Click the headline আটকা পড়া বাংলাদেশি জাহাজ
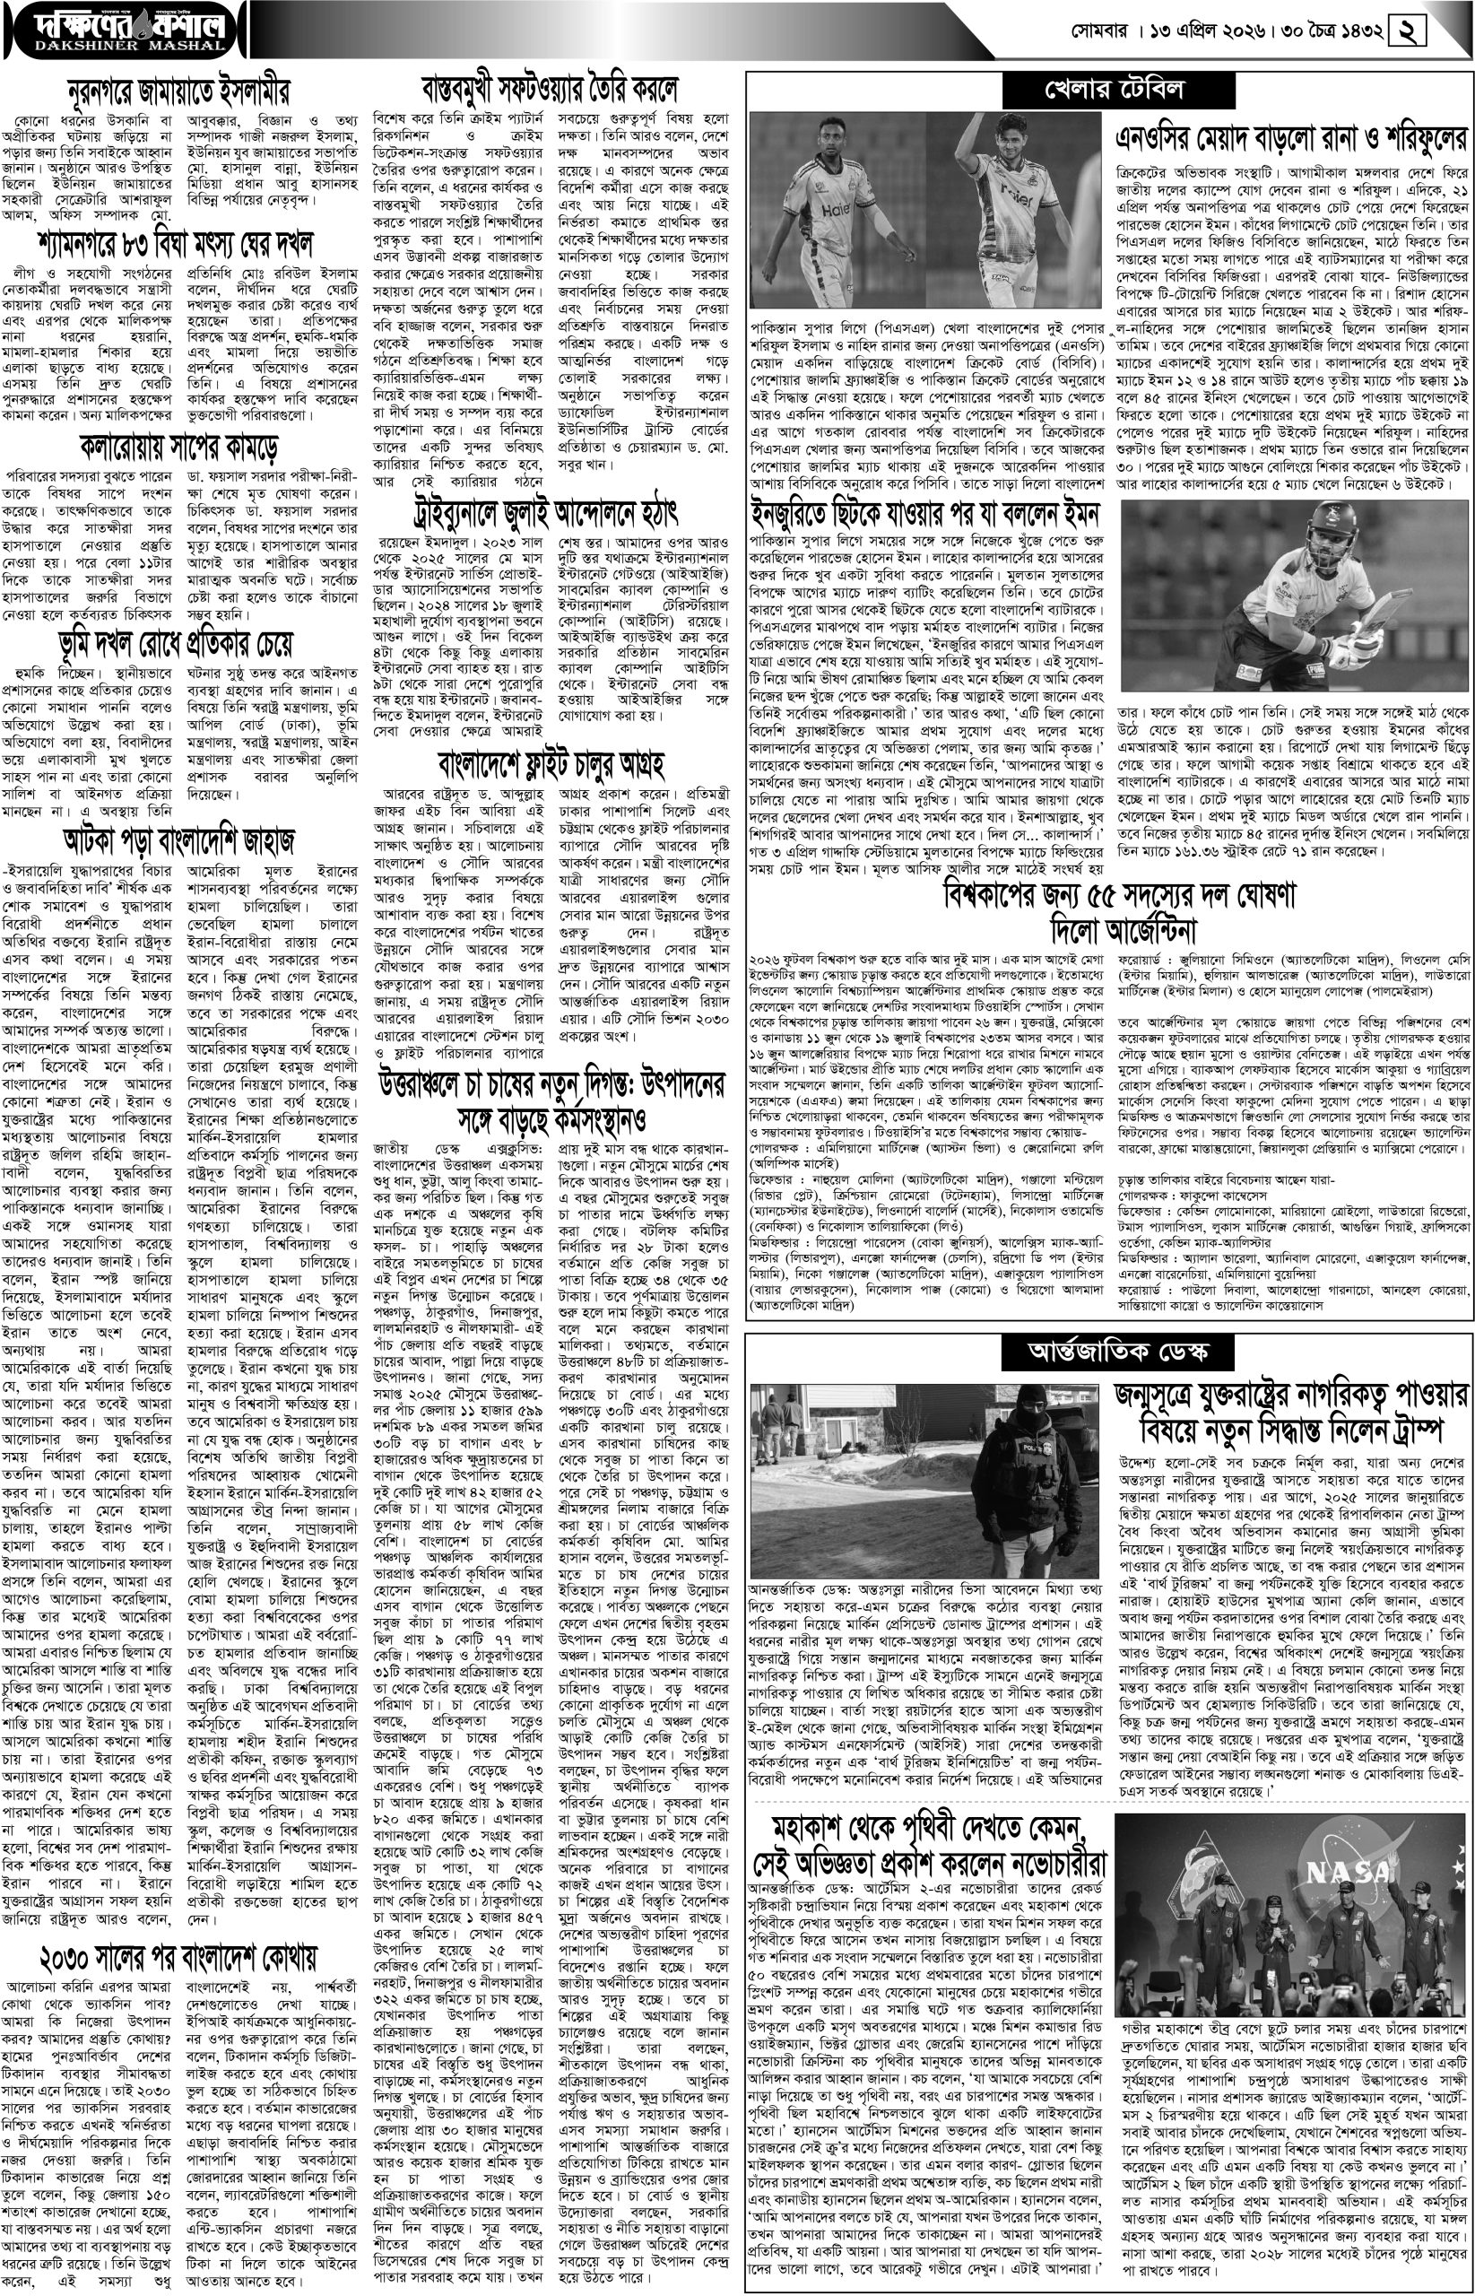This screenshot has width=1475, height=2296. coord(179,840)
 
